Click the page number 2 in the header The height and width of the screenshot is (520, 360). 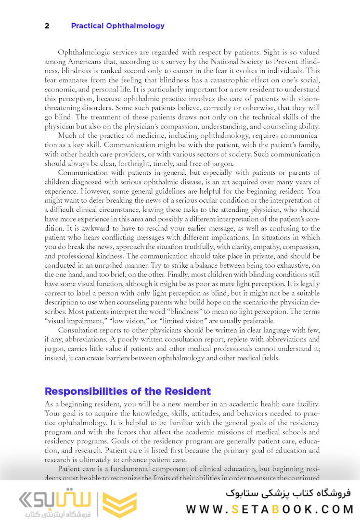pos(47,26)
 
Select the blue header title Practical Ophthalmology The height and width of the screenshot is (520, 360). pos(117,26)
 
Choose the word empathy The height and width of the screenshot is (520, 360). pos(253,247)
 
